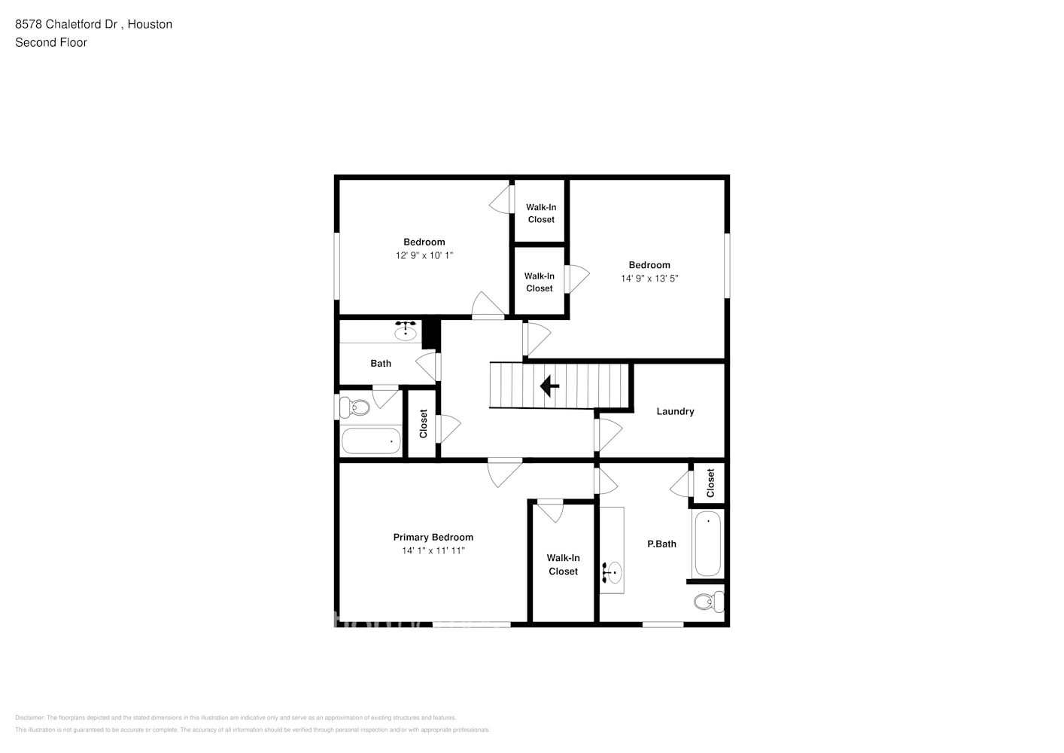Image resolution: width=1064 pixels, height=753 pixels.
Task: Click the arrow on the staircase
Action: click(x=549, y=386)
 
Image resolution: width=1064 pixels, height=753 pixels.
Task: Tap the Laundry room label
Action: click(x=675, y=411)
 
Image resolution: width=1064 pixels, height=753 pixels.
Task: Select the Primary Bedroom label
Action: click(x=433, y=537)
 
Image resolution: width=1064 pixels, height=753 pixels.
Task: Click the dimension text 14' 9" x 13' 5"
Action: click(x=649, y=279)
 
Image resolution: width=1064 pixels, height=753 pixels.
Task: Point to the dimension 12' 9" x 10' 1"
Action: click(x=424, y=255)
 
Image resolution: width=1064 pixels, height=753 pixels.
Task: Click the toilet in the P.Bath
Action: click(x=707, y=602)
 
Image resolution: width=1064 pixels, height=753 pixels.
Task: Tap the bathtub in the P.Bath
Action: click(x=707, y=544)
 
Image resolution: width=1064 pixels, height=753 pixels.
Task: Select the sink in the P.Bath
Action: click(x=613, y=573)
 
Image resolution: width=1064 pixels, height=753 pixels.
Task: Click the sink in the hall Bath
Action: click(x=406, y=331)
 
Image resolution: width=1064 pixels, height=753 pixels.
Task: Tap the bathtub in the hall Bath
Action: click(x=371, y=441)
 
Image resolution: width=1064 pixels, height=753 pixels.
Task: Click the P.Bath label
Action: click(x=661, y=544)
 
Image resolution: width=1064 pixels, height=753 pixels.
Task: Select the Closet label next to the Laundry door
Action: click(x=424, y=424)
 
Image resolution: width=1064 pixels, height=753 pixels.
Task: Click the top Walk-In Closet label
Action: click(x=541, y=213)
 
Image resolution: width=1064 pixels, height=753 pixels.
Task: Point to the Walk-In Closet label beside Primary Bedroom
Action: click(x=563, y=565)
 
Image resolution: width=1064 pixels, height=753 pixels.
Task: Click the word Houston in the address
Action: click(x=150, y=24)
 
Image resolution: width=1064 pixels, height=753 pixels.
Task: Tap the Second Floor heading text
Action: click(x=51, y=42)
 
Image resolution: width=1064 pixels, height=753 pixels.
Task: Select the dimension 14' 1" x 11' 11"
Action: click(x=433, y=550)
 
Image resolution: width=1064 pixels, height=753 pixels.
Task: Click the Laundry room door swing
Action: click(x=609, y=435)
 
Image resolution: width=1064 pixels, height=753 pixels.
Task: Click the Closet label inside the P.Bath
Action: click(x=710, y=483)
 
